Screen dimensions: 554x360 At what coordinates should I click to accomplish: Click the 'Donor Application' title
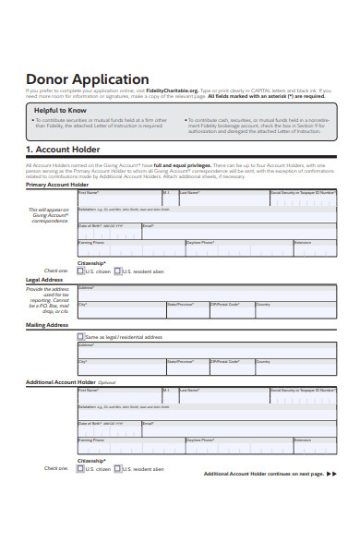coord(87,79)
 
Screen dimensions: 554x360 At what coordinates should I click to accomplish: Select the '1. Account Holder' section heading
coord(63,150)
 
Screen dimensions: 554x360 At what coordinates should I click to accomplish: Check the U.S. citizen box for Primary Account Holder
coord(81,271)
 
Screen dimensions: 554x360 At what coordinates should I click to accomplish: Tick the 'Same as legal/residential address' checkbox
coord(81,337)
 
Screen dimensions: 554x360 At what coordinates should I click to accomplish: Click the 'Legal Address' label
coord(44,280)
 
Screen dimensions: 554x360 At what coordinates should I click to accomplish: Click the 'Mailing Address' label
coord(47,325)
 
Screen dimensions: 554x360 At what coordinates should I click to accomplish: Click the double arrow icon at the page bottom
coord(332,474)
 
